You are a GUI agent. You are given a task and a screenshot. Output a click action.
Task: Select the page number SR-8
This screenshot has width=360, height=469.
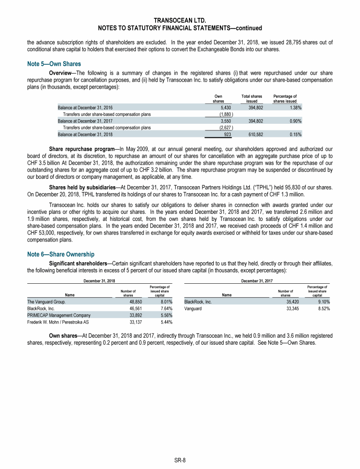click(x=180, y=461)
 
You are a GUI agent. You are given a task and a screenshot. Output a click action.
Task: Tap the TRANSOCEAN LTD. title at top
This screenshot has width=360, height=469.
click(x=180, y=20)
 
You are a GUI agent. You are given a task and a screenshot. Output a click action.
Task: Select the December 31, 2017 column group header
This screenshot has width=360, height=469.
click(x=256, y=280)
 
